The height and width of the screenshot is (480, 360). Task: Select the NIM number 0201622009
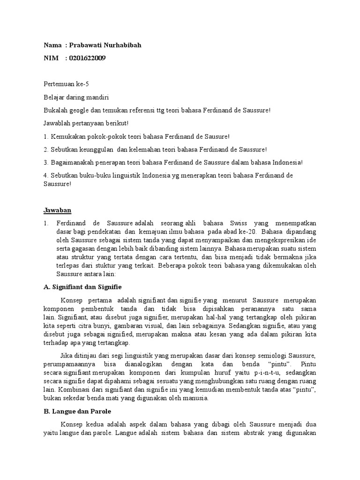(x=87, y=58)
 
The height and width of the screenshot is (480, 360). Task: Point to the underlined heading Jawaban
(x=57, y=210)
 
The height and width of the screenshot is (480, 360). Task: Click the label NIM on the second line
(x=50, y=58)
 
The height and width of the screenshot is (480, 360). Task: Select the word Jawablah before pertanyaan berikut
(x=57, y=123)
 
